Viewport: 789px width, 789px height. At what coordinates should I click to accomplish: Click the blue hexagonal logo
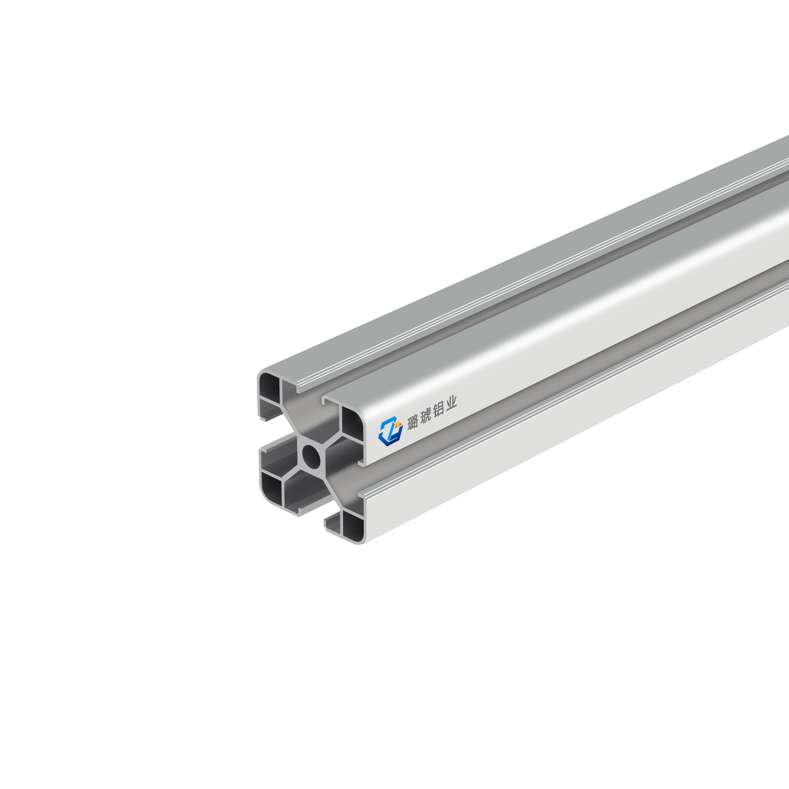pyautogui.click(x=391, y=431)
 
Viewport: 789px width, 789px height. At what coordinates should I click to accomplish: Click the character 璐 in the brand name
pyautogui.click(x=413, y=421)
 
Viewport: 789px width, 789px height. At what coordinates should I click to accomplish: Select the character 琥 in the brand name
pyautogui.click(x=425, y=416)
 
